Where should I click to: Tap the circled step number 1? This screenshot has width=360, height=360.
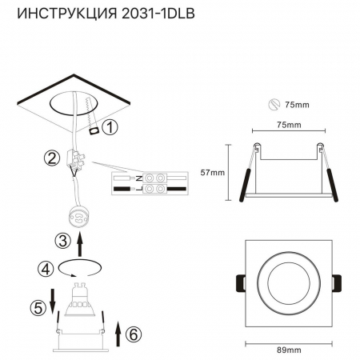tap(110, 126)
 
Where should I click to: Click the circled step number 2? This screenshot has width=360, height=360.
tap(54, 158)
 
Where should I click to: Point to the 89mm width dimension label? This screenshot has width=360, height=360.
tap(287, 350)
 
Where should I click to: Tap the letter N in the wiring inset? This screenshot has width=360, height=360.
tap(140, 174)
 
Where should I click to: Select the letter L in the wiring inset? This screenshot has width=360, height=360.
tap(140, 189)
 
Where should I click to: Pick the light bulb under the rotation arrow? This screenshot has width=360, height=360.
tap(80, 299)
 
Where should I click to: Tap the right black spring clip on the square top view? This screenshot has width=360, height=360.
tap(337, 284)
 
